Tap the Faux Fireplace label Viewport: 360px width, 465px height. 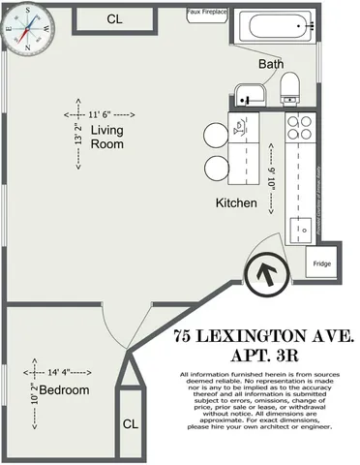207,13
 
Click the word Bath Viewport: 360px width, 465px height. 270,64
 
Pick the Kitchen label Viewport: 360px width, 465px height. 236,203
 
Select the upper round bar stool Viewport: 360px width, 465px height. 213,137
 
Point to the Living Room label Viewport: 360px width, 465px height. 107,137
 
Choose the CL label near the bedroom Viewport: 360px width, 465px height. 131,424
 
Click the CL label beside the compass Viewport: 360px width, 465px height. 115,18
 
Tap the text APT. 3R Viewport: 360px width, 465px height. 262,356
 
